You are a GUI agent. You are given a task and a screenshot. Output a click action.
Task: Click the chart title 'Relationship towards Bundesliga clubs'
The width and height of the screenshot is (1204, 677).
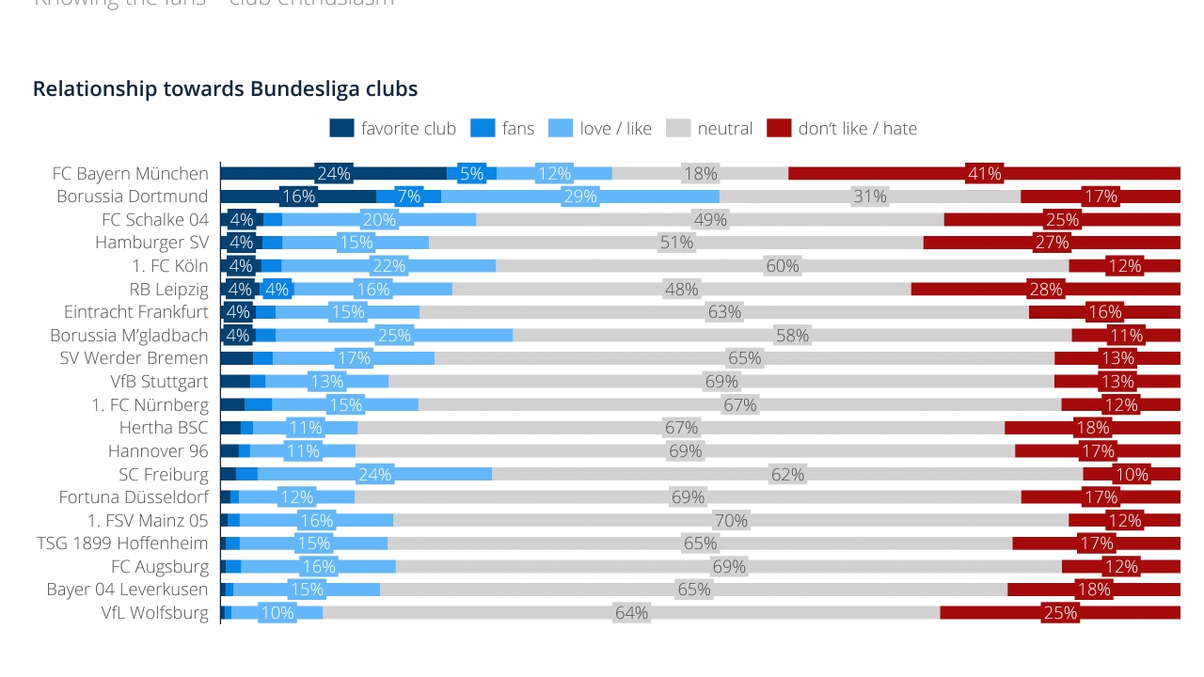[x=225, y=89]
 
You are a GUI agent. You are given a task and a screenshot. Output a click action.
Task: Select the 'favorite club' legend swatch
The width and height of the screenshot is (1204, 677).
[x=341, y=129]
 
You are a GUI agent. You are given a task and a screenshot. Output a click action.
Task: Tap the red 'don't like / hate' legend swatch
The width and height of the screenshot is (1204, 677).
[x=779, y=129]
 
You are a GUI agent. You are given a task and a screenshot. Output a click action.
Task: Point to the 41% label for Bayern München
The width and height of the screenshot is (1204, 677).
[x=984, y=173]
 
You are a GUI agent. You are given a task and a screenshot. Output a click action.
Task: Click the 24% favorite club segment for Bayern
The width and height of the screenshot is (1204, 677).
[x=334, y=173]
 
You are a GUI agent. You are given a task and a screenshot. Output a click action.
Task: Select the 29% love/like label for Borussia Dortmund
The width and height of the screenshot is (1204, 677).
[x=580, y=197]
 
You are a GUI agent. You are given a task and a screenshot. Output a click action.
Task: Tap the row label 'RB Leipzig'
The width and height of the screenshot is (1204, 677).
[x=169, y=289]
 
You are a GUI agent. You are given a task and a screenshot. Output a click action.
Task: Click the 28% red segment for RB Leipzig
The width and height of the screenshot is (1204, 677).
[x=1045, y=289]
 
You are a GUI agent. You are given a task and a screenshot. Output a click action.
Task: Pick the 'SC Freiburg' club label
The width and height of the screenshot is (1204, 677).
[x=164, y=475]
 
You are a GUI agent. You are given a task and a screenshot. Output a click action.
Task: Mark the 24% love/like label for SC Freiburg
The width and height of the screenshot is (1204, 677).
[x=373, y=475]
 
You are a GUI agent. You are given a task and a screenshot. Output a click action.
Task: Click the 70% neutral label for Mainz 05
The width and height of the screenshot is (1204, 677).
[x=731, y=521]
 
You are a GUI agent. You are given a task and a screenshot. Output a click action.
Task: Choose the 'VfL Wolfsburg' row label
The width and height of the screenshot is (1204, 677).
[x=155, y=613]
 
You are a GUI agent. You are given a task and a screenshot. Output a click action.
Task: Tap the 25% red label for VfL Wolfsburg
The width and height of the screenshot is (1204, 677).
[x=1059, y=613]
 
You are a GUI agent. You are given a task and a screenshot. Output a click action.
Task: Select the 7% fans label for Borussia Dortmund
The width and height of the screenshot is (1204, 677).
[x=408, y=197]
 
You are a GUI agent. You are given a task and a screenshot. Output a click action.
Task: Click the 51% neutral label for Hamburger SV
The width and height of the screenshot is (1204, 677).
[x=676, y=243]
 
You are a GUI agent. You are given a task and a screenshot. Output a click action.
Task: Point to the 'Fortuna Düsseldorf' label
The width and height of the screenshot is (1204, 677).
[x=134, y=497]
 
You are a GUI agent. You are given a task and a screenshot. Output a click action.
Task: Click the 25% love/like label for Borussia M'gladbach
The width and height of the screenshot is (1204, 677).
[x=393, y=335]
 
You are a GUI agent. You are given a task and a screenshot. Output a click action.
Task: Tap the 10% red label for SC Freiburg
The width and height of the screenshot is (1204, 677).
[x=1131, y=475]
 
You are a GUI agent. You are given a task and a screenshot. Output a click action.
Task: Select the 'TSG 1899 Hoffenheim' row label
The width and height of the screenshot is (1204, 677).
[x=122, y=543]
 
